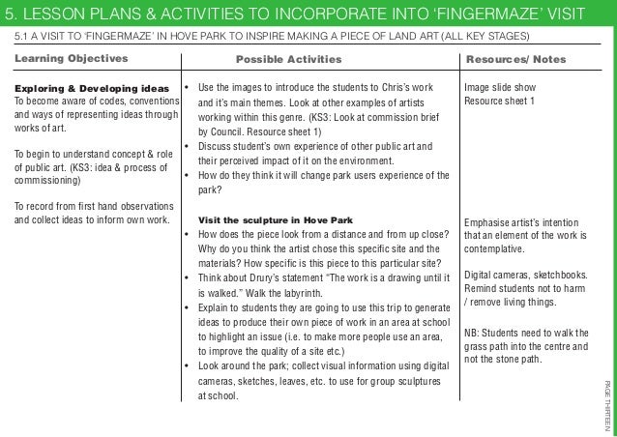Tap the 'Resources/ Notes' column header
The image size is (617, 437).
tap(515, 59)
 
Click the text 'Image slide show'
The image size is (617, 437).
tap(500, 86)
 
